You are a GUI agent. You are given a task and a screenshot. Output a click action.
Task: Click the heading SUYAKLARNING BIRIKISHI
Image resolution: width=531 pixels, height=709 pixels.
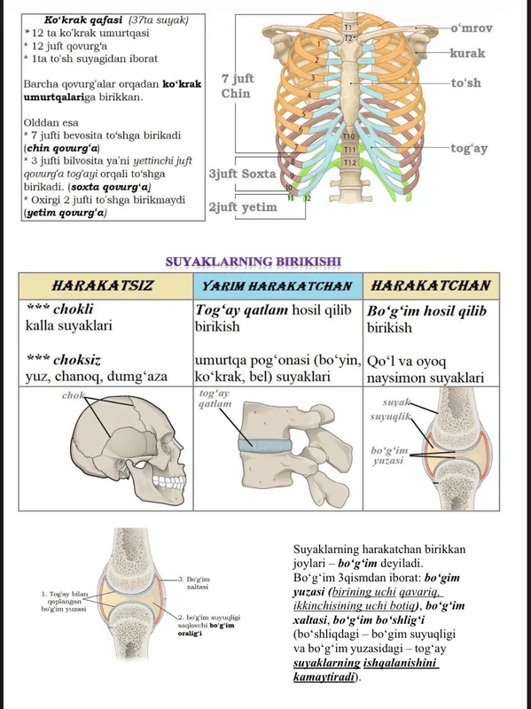coord(254,261)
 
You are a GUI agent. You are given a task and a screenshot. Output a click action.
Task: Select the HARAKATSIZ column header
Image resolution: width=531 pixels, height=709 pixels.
coord(103,285)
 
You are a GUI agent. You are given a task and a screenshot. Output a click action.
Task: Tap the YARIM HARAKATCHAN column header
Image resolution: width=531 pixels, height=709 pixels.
coord(277,286)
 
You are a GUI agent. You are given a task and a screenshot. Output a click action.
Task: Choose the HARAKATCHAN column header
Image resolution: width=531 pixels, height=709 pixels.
coord(431,285)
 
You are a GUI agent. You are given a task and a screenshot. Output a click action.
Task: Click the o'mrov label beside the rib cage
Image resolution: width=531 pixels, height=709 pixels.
coord(472,28)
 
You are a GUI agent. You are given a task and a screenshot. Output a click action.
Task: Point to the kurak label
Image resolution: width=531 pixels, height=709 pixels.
coord(467,53)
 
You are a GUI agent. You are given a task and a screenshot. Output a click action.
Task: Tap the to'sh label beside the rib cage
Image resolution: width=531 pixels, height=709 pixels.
coord(466,83)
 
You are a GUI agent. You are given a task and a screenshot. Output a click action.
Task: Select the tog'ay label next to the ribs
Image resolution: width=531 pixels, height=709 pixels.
coord(469,148)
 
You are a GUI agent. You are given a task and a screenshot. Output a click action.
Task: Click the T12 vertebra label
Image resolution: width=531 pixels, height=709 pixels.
coord(349,162)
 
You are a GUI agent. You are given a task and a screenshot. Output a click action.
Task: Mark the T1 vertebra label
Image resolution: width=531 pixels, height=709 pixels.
coord(348,28)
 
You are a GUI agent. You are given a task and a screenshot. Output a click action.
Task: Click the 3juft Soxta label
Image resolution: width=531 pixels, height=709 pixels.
coord(242,174)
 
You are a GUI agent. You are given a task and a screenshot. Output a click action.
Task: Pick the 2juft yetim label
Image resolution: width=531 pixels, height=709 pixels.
coord(242,207)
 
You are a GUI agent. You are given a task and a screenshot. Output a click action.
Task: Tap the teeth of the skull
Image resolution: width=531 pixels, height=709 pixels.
coord(168,481)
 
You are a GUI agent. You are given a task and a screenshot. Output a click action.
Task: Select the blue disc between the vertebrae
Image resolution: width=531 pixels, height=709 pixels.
coord(265,445)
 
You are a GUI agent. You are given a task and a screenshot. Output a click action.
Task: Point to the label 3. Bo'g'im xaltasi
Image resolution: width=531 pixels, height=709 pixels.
coord(198,583)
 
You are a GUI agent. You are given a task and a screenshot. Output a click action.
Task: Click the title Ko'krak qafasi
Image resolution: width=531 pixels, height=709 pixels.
coord(83,20)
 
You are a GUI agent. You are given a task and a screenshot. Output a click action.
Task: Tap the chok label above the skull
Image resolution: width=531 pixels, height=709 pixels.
coord(73,395)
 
